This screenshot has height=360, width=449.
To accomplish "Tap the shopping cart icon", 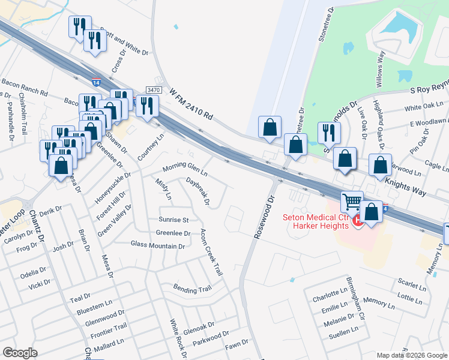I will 352,202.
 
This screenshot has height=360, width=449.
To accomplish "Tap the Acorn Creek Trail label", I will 211,253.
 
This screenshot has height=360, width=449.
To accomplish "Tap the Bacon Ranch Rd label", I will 24,87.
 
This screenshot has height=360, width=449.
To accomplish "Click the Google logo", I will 20,352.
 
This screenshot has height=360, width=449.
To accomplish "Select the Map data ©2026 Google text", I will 412,355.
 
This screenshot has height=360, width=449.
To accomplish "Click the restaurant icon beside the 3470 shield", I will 146,106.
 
